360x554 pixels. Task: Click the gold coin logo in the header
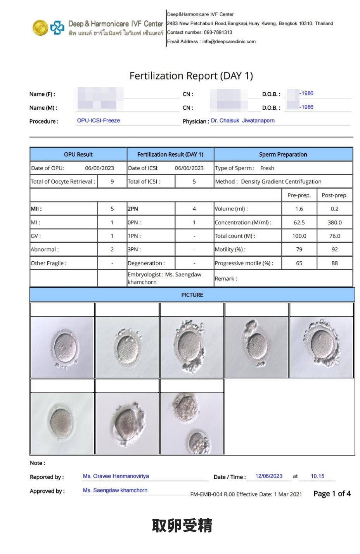pos(40,28)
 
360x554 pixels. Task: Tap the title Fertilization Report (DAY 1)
pos(191,76)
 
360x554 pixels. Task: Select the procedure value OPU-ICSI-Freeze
pos(99,121)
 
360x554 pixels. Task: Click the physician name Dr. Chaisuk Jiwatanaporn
pos(242,121)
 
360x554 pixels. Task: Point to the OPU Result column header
pos(78,154)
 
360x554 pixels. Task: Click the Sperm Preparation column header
pos(283,154)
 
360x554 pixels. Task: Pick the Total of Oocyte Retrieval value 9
pos(112,181)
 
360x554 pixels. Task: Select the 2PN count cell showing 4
pos(194,209)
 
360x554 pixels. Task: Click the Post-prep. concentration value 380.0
pos(334,223)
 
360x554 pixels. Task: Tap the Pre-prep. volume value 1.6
pos(299,209)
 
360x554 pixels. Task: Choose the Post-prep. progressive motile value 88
pos(334,263)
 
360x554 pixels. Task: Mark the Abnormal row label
pos(45,250)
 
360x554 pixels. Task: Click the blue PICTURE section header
pos(192,295)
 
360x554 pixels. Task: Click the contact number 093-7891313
pos(218,33)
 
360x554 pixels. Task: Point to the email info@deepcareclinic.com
pos(229,41)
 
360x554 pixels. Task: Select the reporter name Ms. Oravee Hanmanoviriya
pos(116,476)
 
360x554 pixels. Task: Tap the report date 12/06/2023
pos(269,476)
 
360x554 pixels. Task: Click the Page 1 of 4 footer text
pos(332,494)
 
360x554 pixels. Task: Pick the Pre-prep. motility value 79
pos(299,250)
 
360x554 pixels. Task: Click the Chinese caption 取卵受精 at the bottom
pos(182,526)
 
